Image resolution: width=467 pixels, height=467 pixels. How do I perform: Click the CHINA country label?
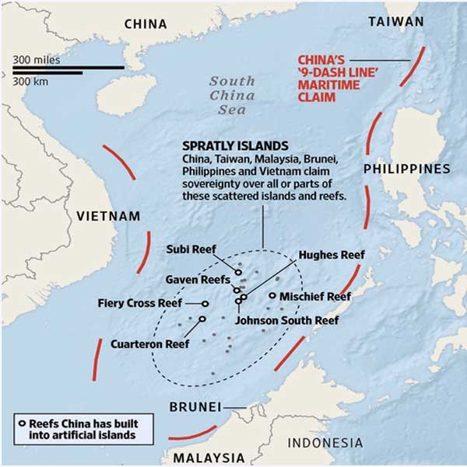[x=146, y=23]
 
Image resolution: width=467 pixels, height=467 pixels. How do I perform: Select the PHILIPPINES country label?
[x=406, y=168]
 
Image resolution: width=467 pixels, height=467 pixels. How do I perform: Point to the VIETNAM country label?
[x=107, y=215]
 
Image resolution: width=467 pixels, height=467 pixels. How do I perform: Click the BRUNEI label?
[x=195, y=406]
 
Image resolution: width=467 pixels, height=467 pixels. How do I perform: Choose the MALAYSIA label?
[x=207, y=456]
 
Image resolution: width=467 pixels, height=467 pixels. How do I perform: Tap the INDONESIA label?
[x=325, y=443]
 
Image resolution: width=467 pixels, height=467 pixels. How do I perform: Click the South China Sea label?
[x=231, y=96]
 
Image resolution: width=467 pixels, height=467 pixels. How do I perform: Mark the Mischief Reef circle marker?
[x=272, y=295]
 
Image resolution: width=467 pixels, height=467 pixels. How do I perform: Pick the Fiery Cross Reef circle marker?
[x=206, y=303]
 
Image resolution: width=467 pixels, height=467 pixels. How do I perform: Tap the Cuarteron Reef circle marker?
[x=202, y=319]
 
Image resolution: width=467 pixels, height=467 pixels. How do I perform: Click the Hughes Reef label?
[x=332, y=254]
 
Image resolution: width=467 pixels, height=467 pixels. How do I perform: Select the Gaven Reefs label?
[x=198, y=278]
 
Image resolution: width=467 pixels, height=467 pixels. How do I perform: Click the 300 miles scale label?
[x=37, y=59]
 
